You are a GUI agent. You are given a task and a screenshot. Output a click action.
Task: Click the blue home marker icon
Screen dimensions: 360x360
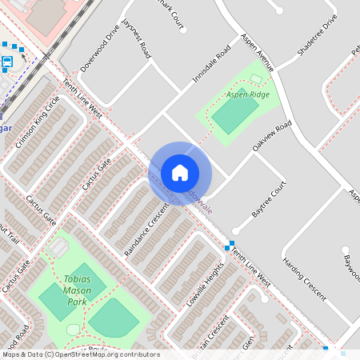(179, 173)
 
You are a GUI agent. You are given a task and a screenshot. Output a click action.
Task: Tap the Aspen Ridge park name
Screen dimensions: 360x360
(247, 94)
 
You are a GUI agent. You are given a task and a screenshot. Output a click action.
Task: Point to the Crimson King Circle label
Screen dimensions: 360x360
(43, 115)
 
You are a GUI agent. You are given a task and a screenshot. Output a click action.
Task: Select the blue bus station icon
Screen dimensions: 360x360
(8, 62)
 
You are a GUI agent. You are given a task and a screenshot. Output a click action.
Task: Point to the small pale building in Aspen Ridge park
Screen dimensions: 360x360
(256, 78)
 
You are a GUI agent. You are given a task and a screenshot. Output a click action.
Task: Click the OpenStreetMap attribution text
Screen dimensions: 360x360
(80, 354)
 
